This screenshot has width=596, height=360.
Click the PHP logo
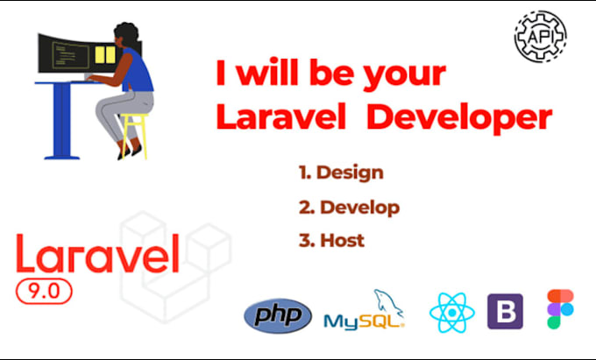tap(278, 314)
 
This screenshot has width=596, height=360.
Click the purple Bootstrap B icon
tap(505, 312)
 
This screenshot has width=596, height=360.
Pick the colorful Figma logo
tap(559, 309)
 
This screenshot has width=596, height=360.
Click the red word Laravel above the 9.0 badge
tap(96, 256)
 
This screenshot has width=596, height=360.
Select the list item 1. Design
tap(341, 173)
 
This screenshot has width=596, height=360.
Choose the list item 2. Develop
tap(349, 208)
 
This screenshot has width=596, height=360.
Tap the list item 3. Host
tap(330, 240)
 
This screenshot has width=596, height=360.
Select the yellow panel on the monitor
tap(105, 54)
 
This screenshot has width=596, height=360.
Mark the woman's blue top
tap(135, 69)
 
